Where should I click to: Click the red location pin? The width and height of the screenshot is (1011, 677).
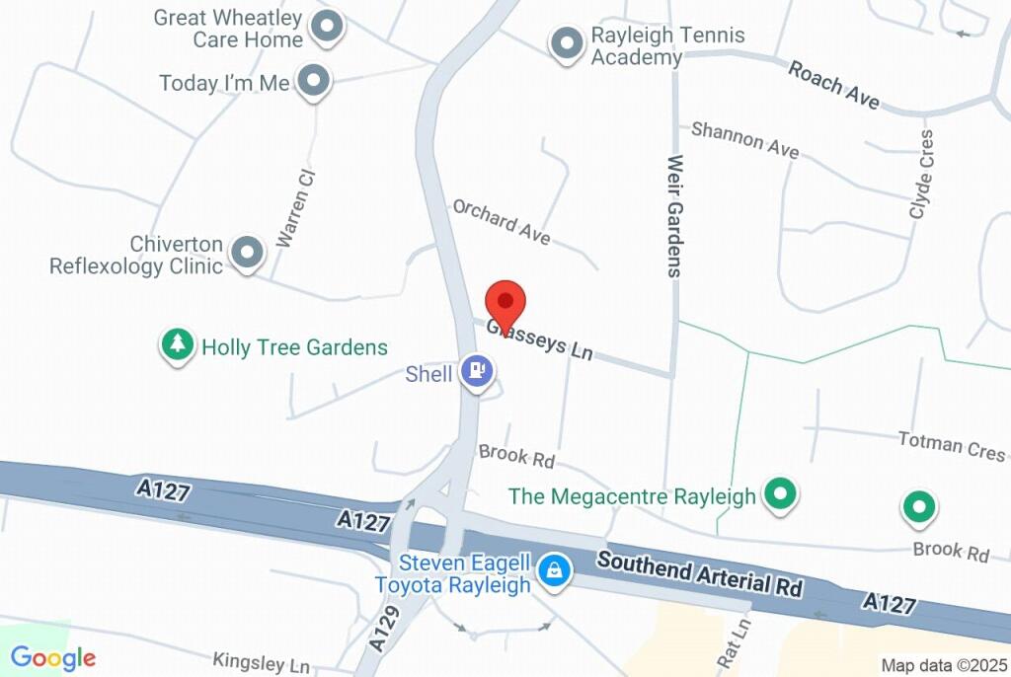pyautogui.click(x=505, y=303)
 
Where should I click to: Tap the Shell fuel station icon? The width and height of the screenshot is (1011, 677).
pyautogui.click(x=478, y=371)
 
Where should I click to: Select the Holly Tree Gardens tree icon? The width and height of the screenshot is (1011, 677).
pyautogui.click(x=178, y=345)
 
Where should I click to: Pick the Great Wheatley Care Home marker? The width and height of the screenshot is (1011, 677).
pyautogui.click(x=327, y=27)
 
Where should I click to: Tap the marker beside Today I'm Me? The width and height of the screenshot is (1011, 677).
pyautogui.click(x=313, y=81)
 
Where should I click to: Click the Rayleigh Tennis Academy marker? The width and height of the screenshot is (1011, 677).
pyautogui.click(x=567, y=43)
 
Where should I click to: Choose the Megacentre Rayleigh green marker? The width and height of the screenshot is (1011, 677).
pyautogui.click(x=782, y=493)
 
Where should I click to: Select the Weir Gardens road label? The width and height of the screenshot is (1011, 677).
pyautogui.click(x=675, y=215)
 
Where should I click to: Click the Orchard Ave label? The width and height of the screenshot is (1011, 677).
pyautogui.click(x=501, y=221)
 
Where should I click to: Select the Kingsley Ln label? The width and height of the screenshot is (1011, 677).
pyautogui.click(x=261, y=661)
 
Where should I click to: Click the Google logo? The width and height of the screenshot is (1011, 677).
pyautogui.click(x=53, y=658)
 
